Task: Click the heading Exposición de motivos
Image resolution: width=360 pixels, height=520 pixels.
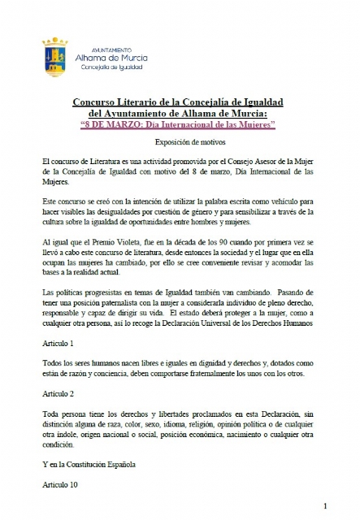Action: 180,141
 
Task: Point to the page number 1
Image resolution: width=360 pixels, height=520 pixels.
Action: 325,505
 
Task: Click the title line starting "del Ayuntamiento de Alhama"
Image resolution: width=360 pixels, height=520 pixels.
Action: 179,114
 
